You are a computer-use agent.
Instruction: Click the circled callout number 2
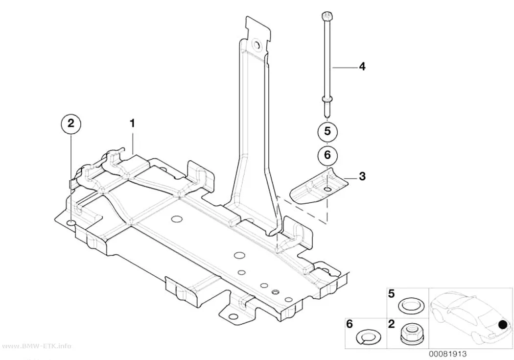(71, 124)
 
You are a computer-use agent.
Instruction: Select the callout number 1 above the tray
(132, 123)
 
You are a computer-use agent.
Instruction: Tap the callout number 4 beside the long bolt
(362, 67)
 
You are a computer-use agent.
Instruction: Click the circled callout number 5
(327, 131)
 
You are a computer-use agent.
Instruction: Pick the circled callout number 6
(327, 155)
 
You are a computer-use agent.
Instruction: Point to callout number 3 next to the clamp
(362, 176)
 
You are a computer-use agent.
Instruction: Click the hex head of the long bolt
(327, 15)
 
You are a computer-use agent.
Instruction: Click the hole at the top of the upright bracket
(256, 45)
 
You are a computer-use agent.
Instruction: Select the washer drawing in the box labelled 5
(410, 306)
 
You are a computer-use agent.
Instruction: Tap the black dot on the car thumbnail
(502, 325)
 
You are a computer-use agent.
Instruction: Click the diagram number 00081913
(447, 354)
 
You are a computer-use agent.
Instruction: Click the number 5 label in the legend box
(392, 294)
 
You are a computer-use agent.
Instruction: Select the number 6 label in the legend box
(350, 324)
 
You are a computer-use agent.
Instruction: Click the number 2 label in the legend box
(392, 324)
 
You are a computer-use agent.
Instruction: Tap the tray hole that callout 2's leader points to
(71, 224)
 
